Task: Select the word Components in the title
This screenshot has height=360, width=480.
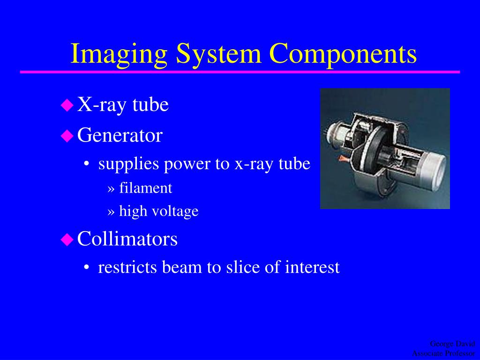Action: pyautogui.click(x=343, y=54)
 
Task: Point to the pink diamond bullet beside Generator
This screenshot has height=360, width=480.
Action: pyautogui.click(x=67, y=136)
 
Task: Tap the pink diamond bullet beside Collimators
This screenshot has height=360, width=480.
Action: pyautogui.click(x=67, y=240)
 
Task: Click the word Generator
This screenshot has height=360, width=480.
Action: pyautogui.click(x=120, y=135)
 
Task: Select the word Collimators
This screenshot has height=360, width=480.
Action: pyautogui.click(x=127, y=239)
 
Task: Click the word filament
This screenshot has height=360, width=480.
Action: pyautogui.click(x=146, y=188)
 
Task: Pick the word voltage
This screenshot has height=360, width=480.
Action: pyautogui.click(x=177, y=211)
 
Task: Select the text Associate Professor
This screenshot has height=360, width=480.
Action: pyautogui.click(x=443, y=353)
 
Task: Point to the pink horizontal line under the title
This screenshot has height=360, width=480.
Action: pyautogui.click(x=240, y=72)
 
